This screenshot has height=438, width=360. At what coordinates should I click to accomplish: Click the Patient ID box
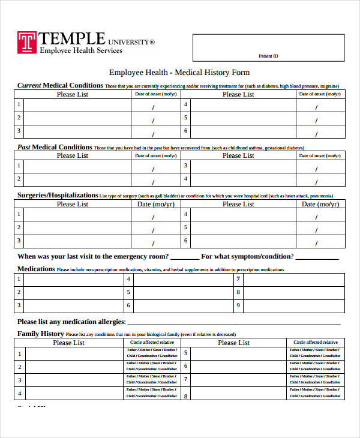[268, 48]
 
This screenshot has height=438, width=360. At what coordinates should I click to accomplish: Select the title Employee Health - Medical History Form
[179, 72]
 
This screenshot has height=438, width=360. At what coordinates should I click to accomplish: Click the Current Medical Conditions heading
[60, 85]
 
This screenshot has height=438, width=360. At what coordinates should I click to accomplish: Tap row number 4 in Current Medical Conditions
[186, 104]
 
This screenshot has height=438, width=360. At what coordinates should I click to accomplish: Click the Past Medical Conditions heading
[54, 147]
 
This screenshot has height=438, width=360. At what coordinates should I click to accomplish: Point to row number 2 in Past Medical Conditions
[19, 179]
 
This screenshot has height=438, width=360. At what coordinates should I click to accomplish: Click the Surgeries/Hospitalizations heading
[58, 195]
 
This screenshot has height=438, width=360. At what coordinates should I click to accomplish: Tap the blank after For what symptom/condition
[317, 257]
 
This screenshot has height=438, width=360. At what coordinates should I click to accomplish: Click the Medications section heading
[36, 269]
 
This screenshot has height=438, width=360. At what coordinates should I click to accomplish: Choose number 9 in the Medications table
[238, 305]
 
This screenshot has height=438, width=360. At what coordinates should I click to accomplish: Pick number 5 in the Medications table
[128, 292]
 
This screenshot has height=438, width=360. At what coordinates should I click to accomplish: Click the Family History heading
[40, 334]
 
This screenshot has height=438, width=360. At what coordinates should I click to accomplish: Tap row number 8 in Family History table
[186, 396]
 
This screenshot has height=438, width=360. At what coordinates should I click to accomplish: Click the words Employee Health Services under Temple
[80, 50]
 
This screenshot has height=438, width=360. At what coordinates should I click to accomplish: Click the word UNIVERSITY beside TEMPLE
[131, 42]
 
